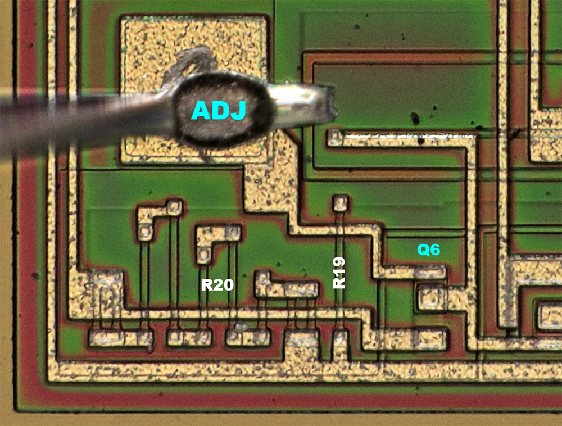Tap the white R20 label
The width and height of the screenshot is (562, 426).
click(217, 285)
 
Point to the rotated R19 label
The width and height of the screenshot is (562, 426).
click(339, 273)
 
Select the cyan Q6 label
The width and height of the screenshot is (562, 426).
click(428, 250)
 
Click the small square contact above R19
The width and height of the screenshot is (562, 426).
click(339, 202)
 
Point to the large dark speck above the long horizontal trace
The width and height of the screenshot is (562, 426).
click(416, 118)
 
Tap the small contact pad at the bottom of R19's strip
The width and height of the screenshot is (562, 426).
click(340, 339)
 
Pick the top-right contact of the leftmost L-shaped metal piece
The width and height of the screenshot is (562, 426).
click(175, 207)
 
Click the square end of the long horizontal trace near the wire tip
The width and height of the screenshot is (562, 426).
click(336, 136)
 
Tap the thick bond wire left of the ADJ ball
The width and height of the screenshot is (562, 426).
click(84, 118)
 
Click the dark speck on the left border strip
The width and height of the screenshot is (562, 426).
click(36, 276)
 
